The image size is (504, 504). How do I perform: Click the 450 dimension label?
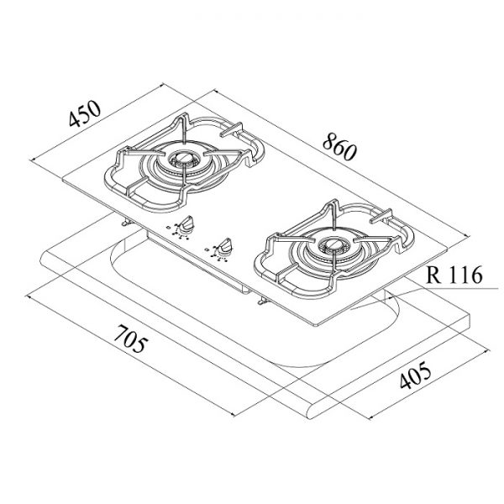[x=85, y=113]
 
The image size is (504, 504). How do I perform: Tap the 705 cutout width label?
[x=131, y=339]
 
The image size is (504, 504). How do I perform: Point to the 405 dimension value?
[x=415, y=375]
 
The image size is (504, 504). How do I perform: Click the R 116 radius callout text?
[x=454, y=276]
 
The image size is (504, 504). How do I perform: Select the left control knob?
[x=186, y=224]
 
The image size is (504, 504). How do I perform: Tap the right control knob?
[x=224, y=247]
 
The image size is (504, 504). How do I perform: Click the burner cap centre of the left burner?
[x=182, y=158]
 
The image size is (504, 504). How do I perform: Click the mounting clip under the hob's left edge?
[x=126, y=222]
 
